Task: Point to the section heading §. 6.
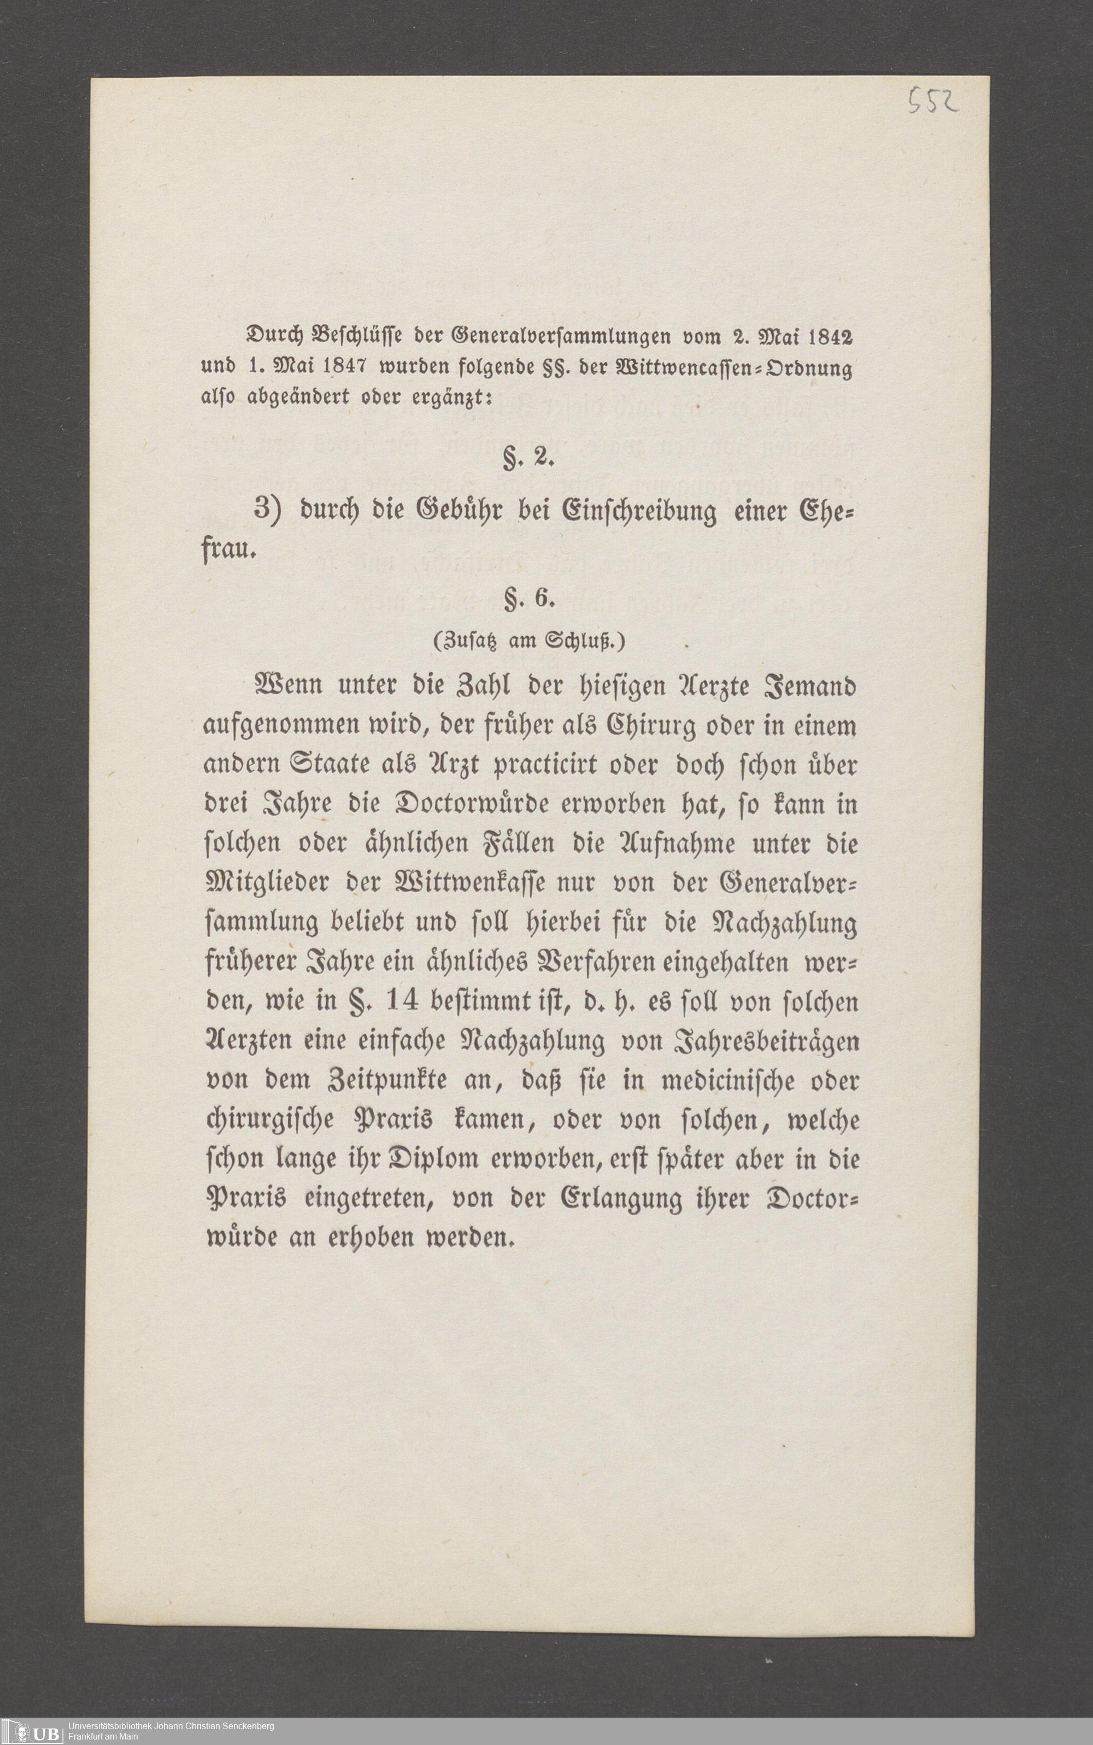(x=528, y=600)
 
